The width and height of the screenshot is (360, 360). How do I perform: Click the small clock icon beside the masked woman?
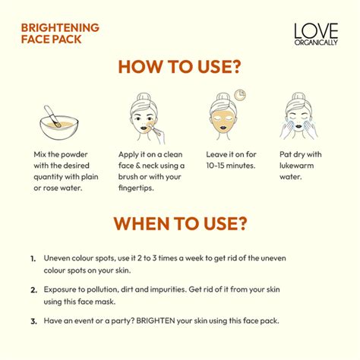tap(240, 95)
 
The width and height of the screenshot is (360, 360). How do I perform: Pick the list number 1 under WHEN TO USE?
tap(33, 258)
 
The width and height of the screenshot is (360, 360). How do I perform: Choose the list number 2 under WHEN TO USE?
tap(33, 289)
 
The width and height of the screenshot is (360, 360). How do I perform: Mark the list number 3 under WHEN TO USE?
tap(33, 321)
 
